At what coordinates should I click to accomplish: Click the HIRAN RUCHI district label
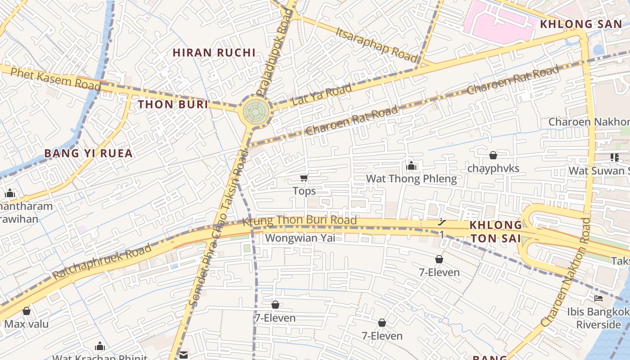point(214,53)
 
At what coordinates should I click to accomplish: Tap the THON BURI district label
point(173,105)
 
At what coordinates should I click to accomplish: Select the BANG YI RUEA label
point(88,153)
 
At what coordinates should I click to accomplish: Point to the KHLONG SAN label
point(580,24)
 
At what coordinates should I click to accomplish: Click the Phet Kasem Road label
point(55,79)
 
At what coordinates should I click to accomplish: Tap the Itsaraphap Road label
point(377,43)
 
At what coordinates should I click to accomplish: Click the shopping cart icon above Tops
point(304,178)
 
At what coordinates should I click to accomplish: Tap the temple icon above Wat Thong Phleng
point(411,166)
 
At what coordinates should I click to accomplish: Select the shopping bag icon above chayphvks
point(493,155)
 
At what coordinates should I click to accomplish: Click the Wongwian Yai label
point(300,238)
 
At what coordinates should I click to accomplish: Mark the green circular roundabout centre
point(257,112)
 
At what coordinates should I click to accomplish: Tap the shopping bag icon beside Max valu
point(27,311)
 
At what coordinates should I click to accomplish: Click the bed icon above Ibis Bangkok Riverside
point(598,298)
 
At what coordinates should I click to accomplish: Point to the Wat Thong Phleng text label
point(411,179)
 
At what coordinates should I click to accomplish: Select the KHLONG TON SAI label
point(495,231)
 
